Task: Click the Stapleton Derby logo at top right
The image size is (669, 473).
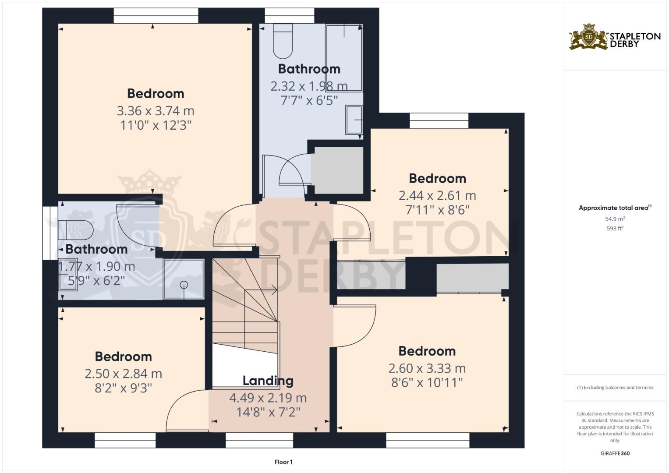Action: click(614, 37)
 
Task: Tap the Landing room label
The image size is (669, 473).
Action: click(268, 381)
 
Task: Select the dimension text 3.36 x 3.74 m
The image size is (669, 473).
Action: click(155, 111)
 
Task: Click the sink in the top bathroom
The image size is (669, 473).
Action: click(354, 120)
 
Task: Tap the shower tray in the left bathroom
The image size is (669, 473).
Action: click(184, 279)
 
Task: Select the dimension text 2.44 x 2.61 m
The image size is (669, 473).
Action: click(437, 196)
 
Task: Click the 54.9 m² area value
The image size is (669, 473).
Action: click(615, 219)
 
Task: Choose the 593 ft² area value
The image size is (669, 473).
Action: click(615, 229)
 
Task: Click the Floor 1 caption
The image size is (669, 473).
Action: click(283, 462)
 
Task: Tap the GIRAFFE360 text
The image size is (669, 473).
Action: click(615, 453)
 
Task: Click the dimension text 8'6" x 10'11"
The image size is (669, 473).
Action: click(427, 383)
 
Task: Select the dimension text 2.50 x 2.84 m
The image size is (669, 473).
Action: click(123, 374)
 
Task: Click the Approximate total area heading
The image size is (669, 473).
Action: click(615, 208)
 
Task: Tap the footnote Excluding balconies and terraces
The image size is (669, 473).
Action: click(615, 388)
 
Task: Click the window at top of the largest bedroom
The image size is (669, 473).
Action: click(156, 16)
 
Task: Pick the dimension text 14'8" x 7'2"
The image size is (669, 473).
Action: click(268, 412)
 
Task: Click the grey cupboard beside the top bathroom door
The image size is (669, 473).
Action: click(337, 170)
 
